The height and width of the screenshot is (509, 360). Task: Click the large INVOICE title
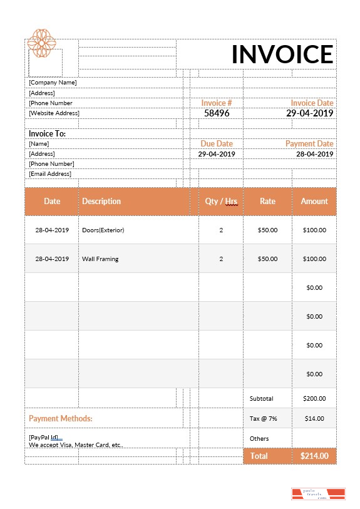(282, 54)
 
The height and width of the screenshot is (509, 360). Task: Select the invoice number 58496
(217, 113)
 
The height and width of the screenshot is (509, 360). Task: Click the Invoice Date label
(312, 103)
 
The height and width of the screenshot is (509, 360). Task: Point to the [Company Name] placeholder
(53, 82)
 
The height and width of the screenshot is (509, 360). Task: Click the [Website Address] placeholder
(54, 113)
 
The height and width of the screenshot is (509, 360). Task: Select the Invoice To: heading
(47, 133)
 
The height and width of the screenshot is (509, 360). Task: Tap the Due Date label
(217, 143)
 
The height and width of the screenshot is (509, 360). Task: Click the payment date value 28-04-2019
(315, 154)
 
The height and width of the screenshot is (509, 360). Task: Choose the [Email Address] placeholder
(50, 174)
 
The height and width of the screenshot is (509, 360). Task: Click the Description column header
(101, 202)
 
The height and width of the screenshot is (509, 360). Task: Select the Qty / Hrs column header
(221, 202)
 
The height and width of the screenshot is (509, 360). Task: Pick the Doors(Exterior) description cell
(103, 230)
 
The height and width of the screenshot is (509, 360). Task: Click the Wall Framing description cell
(100, 259)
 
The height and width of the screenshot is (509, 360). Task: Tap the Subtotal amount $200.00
(314, 398)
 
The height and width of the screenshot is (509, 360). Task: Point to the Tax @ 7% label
(263, 418)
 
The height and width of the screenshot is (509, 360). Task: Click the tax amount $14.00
(314, 418)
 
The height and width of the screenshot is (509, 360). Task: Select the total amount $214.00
(314, 456)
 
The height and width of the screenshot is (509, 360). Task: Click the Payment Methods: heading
(61, 418)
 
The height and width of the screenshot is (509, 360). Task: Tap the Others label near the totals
(259, 438)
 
